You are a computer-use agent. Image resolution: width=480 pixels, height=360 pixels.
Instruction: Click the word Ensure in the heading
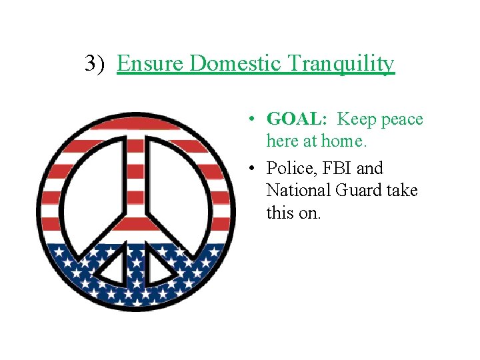[x=151, y=64]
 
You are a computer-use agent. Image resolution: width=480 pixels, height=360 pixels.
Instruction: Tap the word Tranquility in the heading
[x=342, y=64]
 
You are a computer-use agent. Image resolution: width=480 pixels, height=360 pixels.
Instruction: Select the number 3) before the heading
[x=96, y=64]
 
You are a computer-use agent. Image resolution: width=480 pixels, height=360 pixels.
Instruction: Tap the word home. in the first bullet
[x=343, y=141]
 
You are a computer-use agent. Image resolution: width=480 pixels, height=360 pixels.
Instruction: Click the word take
[x=402, y=191]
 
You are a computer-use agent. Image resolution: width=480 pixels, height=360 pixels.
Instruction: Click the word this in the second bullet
[x=279, y=213]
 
